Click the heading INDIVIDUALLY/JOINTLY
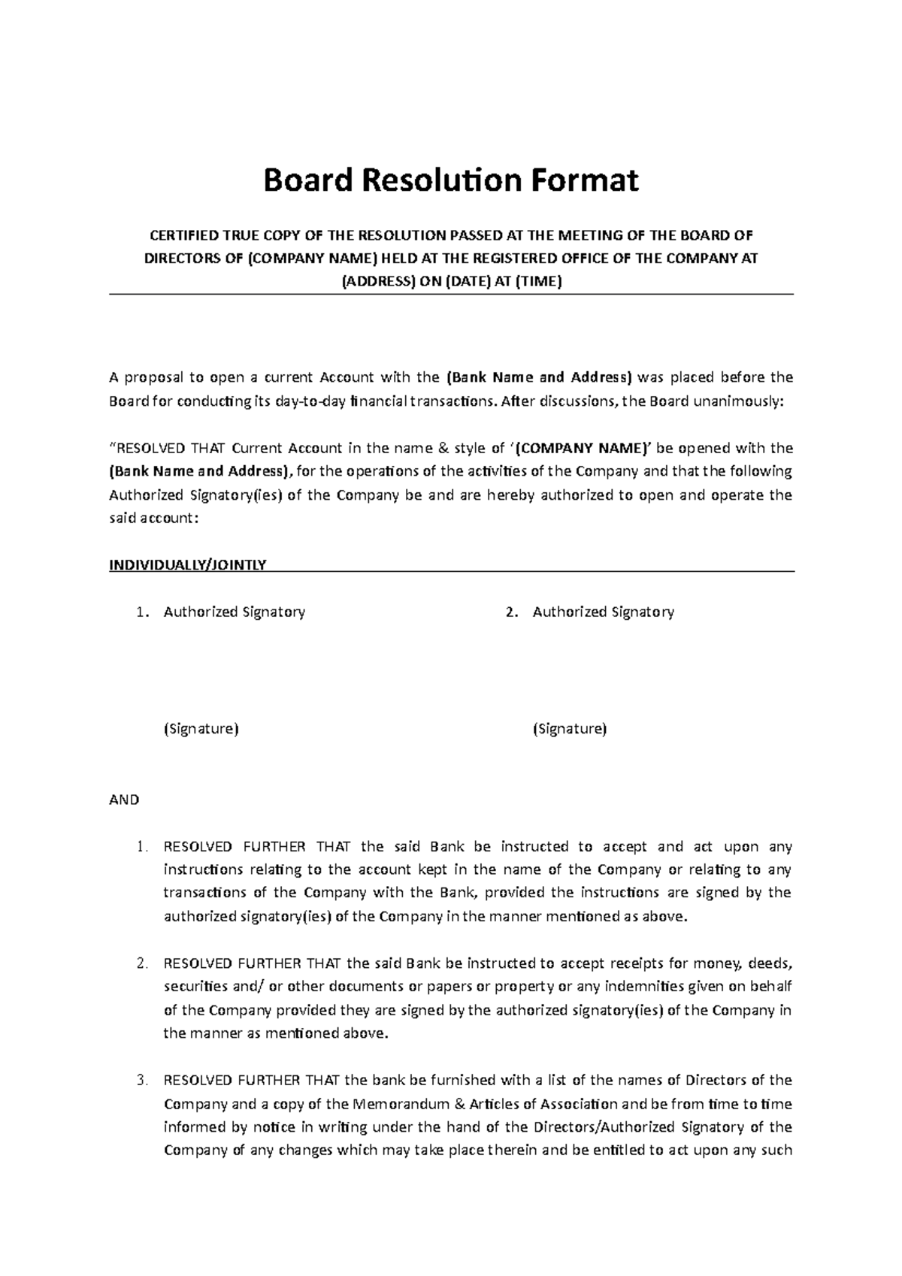point(188,564)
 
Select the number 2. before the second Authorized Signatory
point(511,612)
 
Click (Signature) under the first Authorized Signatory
point(201,728)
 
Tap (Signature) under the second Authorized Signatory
point(569,728)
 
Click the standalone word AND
point(124,800)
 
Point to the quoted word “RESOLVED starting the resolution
point(148,449)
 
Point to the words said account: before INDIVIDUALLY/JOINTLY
point(155,519)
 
